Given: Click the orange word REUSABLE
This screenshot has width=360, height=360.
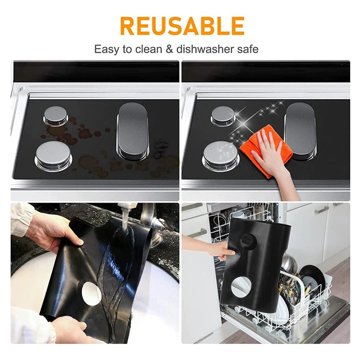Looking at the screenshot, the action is click(182, 26).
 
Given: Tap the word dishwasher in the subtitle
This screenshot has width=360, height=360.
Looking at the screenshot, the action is click(206, 49).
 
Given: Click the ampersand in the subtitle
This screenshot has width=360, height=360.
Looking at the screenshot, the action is click(169, 49).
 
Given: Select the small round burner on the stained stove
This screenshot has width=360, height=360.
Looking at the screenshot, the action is click(55, 116).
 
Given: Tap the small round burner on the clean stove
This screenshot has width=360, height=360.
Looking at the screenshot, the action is click(222, 116).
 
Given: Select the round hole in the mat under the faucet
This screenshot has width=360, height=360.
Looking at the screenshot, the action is click(91, 293).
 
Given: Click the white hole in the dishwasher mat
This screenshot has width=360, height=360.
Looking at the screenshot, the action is click(241, 287).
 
